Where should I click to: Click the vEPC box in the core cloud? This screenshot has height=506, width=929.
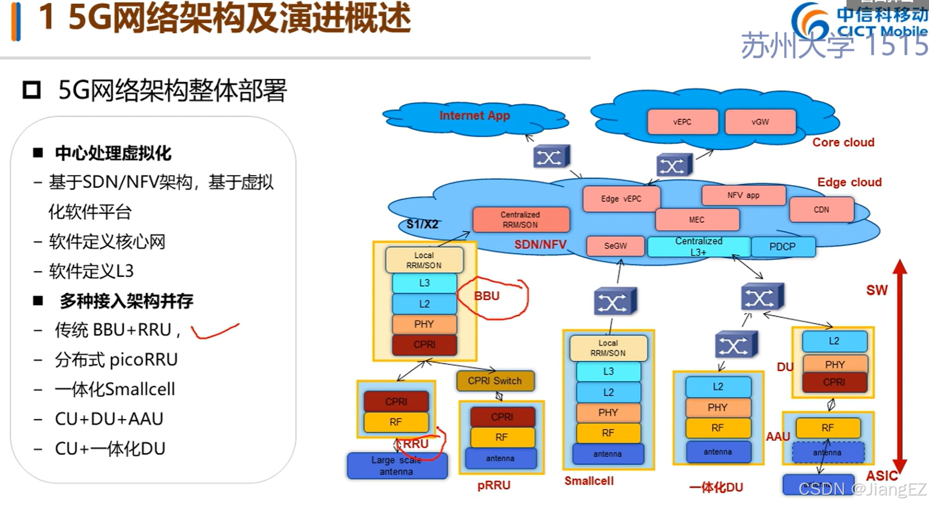[683, 122]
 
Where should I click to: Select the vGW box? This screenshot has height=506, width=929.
[760, 122]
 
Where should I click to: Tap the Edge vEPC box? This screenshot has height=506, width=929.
[621, 199]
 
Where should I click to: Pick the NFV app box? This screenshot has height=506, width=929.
[743, 195]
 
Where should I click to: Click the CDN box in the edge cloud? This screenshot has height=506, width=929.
[821, 210]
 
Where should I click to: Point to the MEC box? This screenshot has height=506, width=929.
[697, 220]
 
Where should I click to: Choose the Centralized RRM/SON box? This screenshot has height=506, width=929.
[520, 220]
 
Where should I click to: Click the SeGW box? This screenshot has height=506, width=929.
[616, 245]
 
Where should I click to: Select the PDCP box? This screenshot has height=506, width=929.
[782, 247]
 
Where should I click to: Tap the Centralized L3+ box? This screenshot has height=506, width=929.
[699, 247]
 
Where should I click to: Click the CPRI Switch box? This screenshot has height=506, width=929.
[495, 381]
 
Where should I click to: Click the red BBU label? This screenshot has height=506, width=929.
[487, 296]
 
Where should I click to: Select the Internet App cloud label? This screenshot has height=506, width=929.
[475, 115]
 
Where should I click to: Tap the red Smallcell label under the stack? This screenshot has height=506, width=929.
[589, 481]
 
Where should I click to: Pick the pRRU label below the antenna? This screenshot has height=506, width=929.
[493, 485]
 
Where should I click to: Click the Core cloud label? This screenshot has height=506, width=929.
[843, 142]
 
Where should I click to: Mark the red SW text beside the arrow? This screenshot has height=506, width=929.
[877, 290]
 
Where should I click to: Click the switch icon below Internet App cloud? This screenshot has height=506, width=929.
[551, 157]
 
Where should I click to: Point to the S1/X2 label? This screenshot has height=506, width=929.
[422, 224]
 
